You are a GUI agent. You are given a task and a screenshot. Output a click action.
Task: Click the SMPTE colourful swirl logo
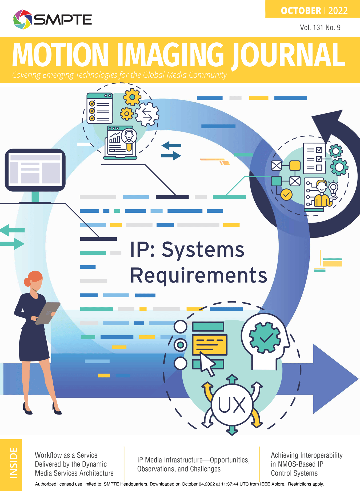pyautogui.click(x=22, y=19)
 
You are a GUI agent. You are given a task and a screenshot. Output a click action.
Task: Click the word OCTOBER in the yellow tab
pyautogui.click(x=301, y=11)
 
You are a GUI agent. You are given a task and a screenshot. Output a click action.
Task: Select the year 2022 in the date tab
pyautogui.click(x=338, y=11)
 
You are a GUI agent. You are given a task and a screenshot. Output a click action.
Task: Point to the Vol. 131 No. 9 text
pyautogui.click(x=320, y=27)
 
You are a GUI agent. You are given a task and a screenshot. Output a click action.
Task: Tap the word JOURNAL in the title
pyautogui.click(x=288, y=55)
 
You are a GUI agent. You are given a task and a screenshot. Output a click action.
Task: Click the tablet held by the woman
pyautogui.click(x=47, y=313)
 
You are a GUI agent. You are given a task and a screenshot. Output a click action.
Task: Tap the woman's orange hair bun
pyautogui.click(x=27, y=281)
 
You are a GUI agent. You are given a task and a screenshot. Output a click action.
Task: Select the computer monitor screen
pyautogui.click(x=35, y=170)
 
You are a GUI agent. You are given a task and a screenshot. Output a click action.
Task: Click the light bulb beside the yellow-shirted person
pyautogui.click(x=333, y=188)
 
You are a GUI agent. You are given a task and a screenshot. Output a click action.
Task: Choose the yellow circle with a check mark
pyautogui.click(x=286, y=195)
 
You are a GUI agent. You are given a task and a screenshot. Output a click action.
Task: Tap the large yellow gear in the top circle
pyautogui.click(x=132, y=97)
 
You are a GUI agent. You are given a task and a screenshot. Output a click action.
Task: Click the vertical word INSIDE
pyautogui.click(x=13, y=463)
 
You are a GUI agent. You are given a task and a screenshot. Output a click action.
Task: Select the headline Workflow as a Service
pyautogui.click(x=66, y=455)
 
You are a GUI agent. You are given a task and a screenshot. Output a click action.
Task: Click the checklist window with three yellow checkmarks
pyautogui.click(x=100, y=108)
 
